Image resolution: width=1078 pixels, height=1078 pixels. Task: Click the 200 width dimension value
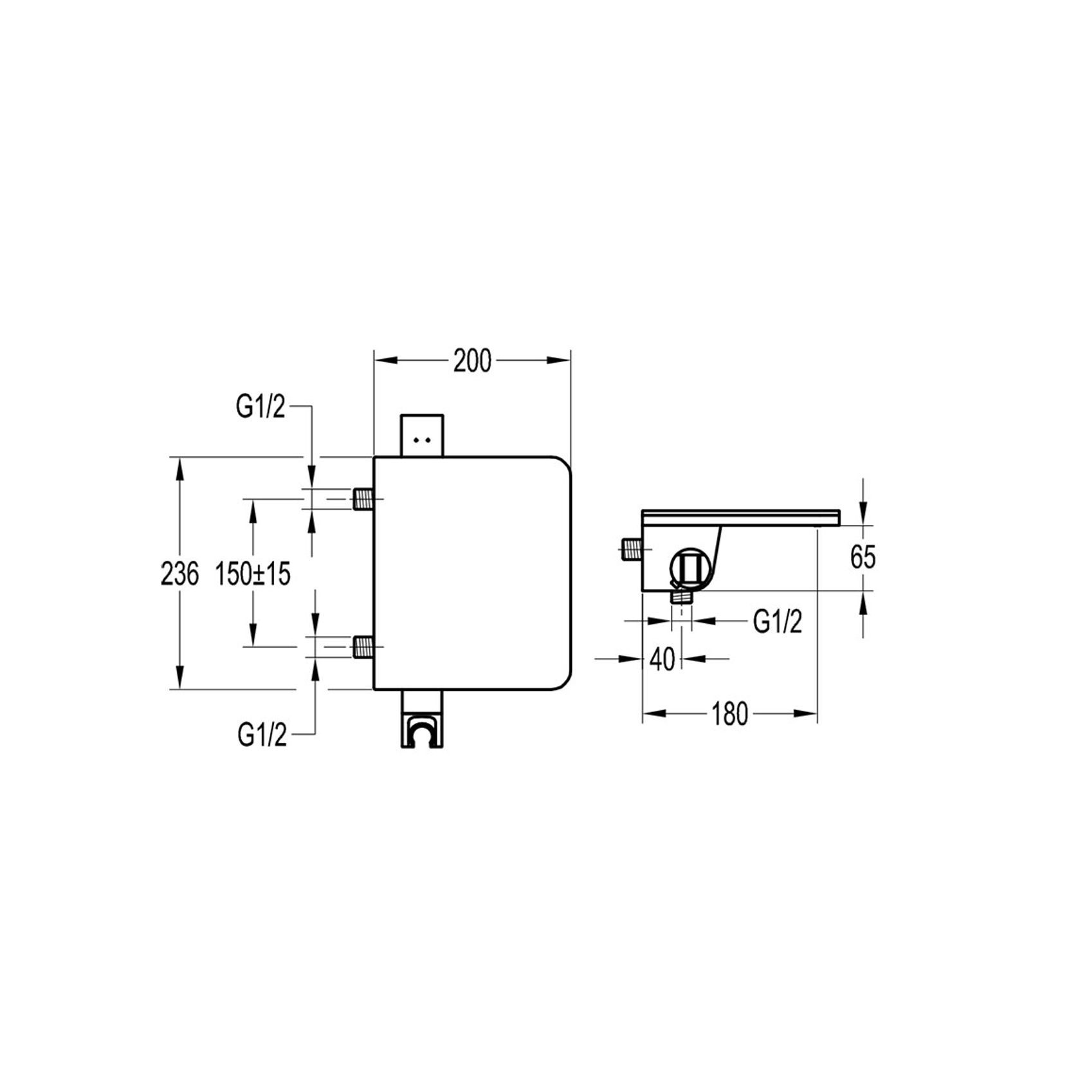(x=472, y=361)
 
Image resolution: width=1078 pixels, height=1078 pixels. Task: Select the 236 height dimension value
(x=179, y=573)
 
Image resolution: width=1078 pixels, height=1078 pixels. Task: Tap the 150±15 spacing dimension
(x=252, y=573)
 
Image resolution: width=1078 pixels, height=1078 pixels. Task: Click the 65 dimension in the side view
(x=863, y=557)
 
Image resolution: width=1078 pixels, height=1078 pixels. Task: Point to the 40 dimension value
(x=662, y=659)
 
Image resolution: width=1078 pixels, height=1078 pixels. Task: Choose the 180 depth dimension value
(x=729, y=714)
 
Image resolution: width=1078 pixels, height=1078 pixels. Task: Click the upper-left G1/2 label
(x=260, y=407)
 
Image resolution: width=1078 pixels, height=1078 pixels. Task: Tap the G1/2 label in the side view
(x=778, y=622)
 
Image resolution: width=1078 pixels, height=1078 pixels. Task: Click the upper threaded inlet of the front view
(x=363, y=498)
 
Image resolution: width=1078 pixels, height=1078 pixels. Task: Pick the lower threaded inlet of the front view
(x=363, y=646)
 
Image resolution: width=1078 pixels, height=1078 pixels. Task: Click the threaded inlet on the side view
(x=632, y=549)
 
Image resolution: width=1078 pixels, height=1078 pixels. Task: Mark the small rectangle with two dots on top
(x=421, y=435)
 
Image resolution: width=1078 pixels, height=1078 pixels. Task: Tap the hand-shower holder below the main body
(x=421, y=720)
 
